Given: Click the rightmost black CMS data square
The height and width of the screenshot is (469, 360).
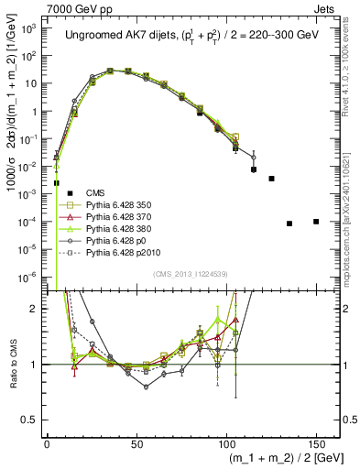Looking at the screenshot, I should click(316, 222).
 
